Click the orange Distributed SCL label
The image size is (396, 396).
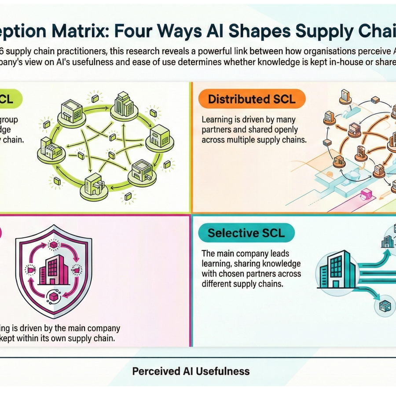(x=252, y=99)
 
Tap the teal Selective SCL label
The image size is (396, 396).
(x=246, y=233)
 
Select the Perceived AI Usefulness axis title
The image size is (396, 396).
(x=191, y=371)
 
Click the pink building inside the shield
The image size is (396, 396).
(x=54, y=270)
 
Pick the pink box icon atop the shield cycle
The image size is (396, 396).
(x=54, y=245)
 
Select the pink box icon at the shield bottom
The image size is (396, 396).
(x=54, y=297)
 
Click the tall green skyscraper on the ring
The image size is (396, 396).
(x=124, y=104)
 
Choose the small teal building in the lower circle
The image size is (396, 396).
(x=385, y=306)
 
